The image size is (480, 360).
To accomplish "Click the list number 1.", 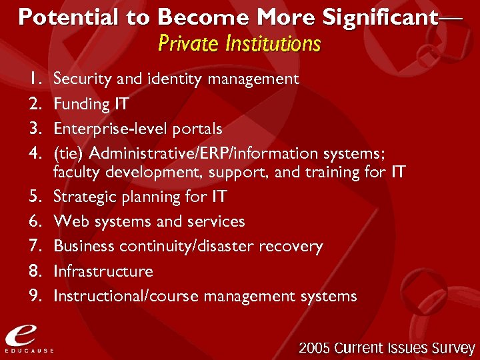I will [x=34, y=79].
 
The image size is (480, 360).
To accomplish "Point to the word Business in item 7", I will [x=82, y=246].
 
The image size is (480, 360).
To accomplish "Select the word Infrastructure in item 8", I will [x=103, y=271].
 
